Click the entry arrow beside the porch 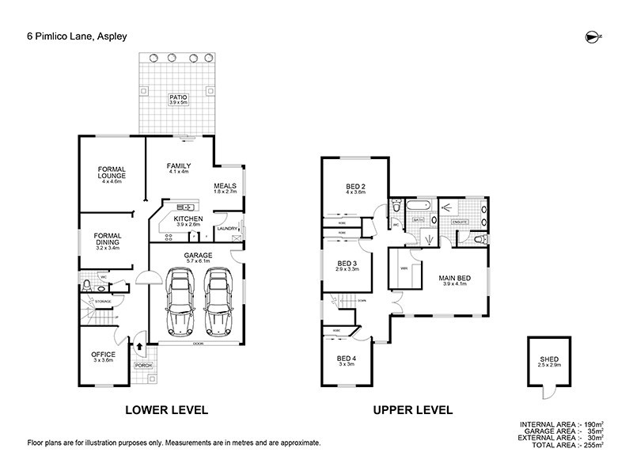(141, 346)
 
